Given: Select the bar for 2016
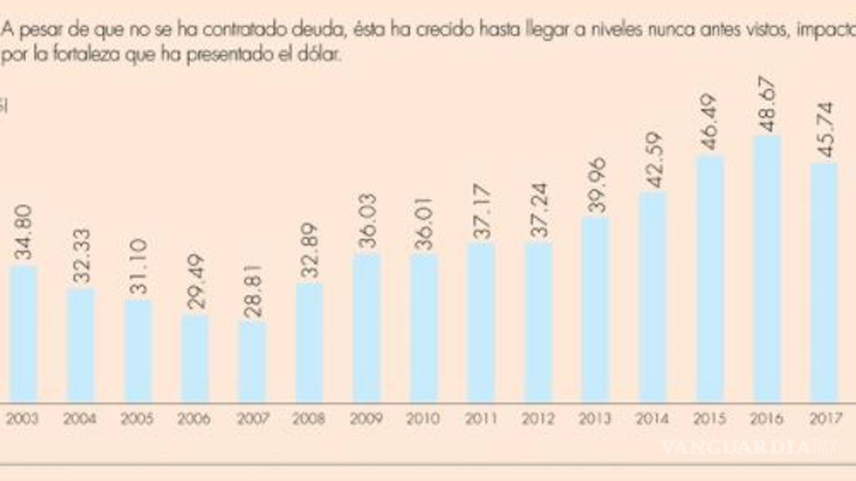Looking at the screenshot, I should click(767, 269).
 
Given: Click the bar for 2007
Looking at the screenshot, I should click(252, 361).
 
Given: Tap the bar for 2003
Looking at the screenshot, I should click(23, 334).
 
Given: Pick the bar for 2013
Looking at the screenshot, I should click(595, 310).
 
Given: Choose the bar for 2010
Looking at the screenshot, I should click(424, 328).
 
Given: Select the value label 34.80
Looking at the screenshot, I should click(23, 237).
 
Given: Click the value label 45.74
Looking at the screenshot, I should click(824, 129).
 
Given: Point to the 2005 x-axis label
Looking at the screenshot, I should click(137, 419).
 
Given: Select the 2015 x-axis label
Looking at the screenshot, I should click(710, 419).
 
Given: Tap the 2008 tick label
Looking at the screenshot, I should click(309, 419).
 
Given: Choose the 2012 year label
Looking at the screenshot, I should click(538, 419).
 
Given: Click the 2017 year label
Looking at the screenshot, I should click(824, 419).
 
